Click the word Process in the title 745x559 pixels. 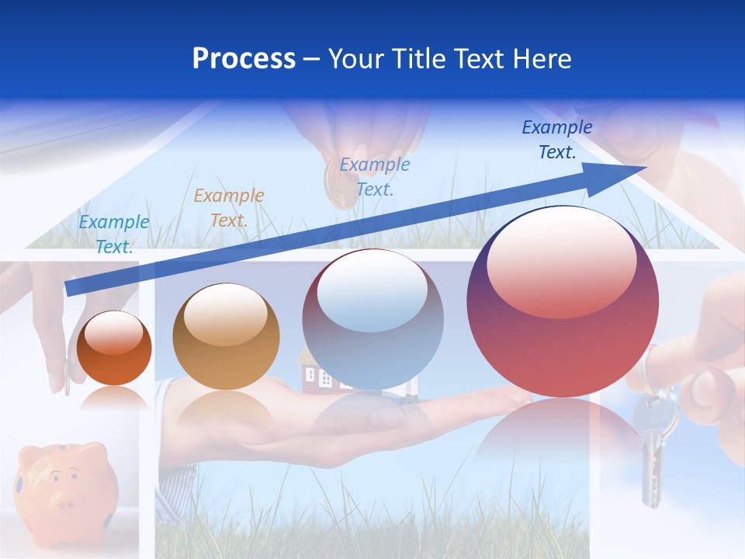click(244, 58)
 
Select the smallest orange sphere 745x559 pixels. click(114, 349)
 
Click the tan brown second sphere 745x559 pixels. click(226, 337)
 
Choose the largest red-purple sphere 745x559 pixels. click(563, 303)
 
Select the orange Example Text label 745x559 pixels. click(228, 208)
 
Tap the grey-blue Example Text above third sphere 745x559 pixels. click(375, 177)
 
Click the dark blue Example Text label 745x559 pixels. click(556, 140)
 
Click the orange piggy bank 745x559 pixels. click(66, 485)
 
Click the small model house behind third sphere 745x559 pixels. click(312, 373)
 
